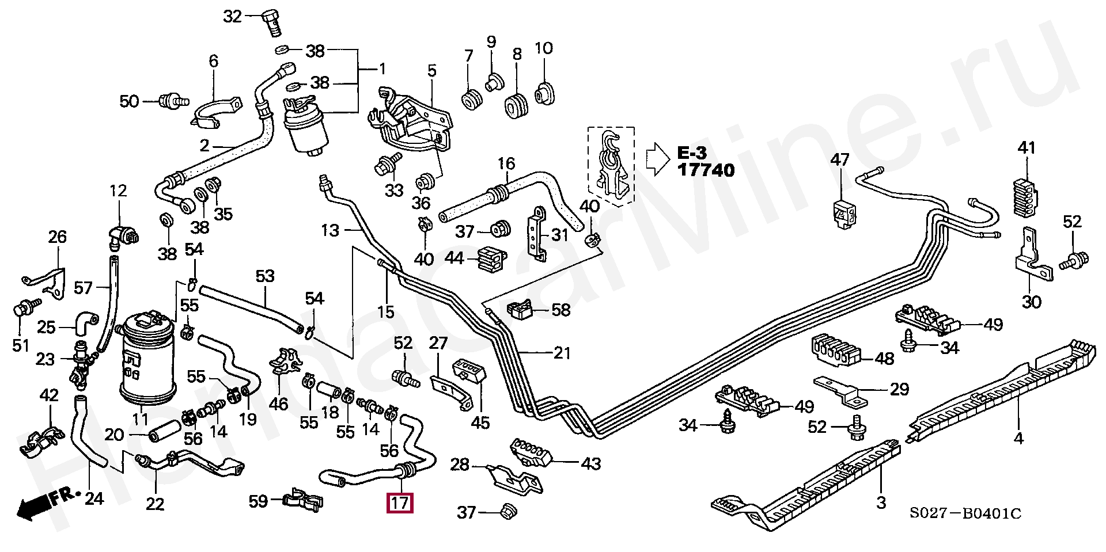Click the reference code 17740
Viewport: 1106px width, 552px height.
tap(706, 170)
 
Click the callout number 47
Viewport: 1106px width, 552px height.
tap(840, 159)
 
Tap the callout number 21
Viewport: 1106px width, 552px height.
tap(561, 353)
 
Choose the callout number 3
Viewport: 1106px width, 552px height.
tap(881, 502)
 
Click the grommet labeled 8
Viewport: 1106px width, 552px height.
tap(516, 106)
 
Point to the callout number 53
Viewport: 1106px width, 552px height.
tap(265, 276)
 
